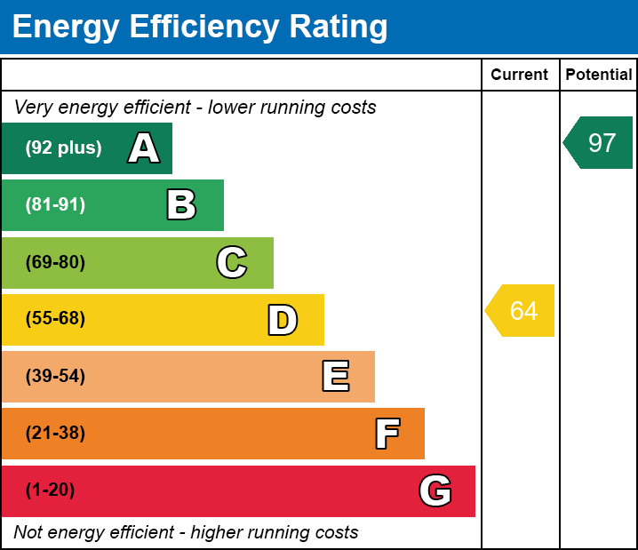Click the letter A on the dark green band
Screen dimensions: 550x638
144,148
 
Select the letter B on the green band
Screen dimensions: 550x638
181,205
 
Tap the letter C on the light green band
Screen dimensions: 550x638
232,262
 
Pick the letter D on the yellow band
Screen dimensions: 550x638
283,320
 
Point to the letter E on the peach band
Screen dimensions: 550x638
335,377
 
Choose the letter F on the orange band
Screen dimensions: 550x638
387,434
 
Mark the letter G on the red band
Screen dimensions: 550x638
435,490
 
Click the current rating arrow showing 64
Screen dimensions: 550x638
522,311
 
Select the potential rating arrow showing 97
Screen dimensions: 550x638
599,142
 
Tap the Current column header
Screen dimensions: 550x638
520,76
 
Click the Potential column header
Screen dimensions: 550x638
599,76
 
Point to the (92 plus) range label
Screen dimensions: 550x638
63,148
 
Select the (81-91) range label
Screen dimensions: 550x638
55,205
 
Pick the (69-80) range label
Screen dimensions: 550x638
55,262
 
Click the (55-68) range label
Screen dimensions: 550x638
55,319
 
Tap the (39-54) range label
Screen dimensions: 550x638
55,376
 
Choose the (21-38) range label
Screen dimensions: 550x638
55,434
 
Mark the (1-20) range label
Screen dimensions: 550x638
51,490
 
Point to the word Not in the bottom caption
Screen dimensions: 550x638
28,533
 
